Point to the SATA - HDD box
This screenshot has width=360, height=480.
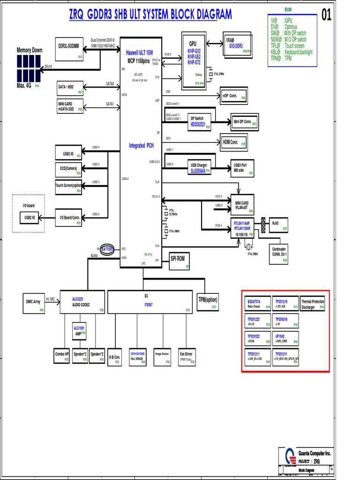(x=70, y=89)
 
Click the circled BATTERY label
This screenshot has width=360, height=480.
(x=107, y=249)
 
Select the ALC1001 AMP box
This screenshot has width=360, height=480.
(x=79, y=330)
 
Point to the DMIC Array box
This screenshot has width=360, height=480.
(x=34, y=303)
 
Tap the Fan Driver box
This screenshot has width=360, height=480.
(x=187, y=356)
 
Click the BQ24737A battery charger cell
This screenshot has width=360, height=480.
(x=258, y=303)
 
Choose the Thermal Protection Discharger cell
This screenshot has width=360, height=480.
(x=313, y=304)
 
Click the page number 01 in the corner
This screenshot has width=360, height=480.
(x=326, y=15)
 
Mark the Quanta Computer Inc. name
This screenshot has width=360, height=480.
(x=315, y=453)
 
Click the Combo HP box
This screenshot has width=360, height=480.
(x=62, y=356)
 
